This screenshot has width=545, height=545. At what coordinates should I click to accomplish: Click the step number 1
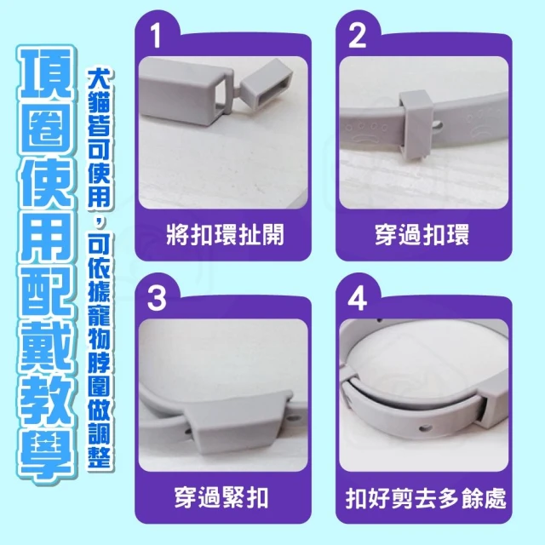coord(156,37)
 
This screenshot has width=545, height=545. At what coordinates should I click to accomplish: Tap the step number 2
coord(358,36)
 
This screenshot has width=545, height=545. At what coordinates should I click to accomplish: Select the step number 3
coord(157,299)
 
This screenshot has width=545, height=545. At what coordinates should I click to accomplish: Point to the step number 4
coord(358,299)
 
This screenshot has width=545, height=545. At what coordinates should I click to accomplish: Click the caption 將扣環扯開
coord(225,235)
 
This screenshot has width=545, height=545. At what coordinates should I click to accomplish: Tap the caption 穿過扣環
coord(422,235)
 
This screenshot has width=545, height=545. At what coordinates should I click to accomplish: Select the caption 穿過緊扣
coord(221,497)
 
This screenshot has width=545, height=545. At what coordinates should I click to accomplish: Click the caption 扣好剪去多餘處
coord(426,497)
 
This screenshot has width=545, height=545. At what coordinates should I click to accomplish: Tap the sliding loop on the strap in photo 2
coord(415,121)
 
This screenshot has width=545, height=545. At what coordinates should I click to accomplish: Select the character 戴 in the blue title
coord(46,348)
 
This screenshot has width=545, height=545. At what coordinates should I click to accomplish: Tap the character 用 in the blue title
coord(46,238)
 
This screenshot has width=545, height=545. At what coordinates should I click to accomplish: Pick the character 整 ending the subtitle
coord(100,456)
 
